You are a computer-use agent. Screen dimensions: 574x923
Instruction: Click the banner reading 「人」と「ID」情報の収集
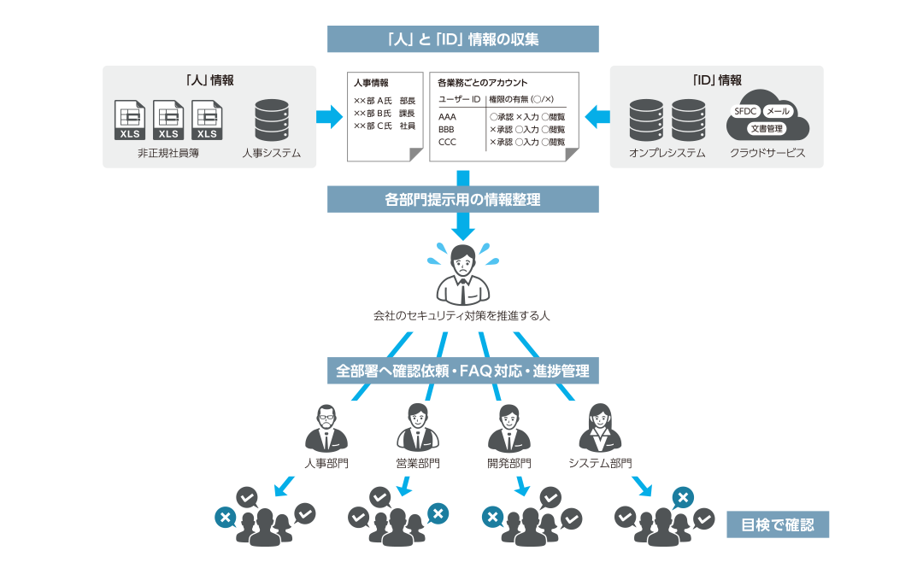click(462, 39)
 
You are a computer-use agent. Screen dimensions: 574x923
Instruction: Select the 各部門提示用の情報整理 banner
click(462, 199)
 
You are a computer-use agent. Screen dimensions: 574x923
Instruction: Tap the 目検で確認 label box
click(778, 524)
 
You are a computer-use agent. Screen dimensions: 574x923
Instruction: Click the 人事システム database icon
click(272, 120)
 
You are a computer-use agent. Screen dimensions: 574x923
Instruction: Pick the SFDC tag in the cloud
click(747, 112)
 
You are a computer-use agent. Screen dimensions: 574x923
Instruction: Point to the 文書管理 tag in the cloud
click(767, 128)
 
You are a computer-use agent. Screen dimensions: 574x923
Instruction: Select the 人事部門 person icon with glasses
click(326, 429)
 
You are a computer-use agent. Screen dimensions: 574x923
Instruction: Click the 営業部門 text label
click(418, 464)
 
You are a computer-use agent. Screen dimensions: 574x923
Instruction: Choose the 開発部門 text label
click(509, 464)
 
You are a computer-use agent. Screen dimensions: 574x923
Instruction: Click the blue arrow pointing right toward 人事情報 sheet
click(328, 117)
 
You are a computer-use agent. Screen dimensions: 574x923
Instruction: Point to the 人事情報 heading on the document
click(371, 83)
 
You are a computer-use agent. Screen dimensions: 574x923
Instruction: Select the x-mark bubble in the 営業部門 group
click(438, 513)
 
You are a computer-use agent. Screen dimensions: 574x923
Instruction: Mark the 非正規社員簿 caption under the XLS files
click(168, 154)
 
